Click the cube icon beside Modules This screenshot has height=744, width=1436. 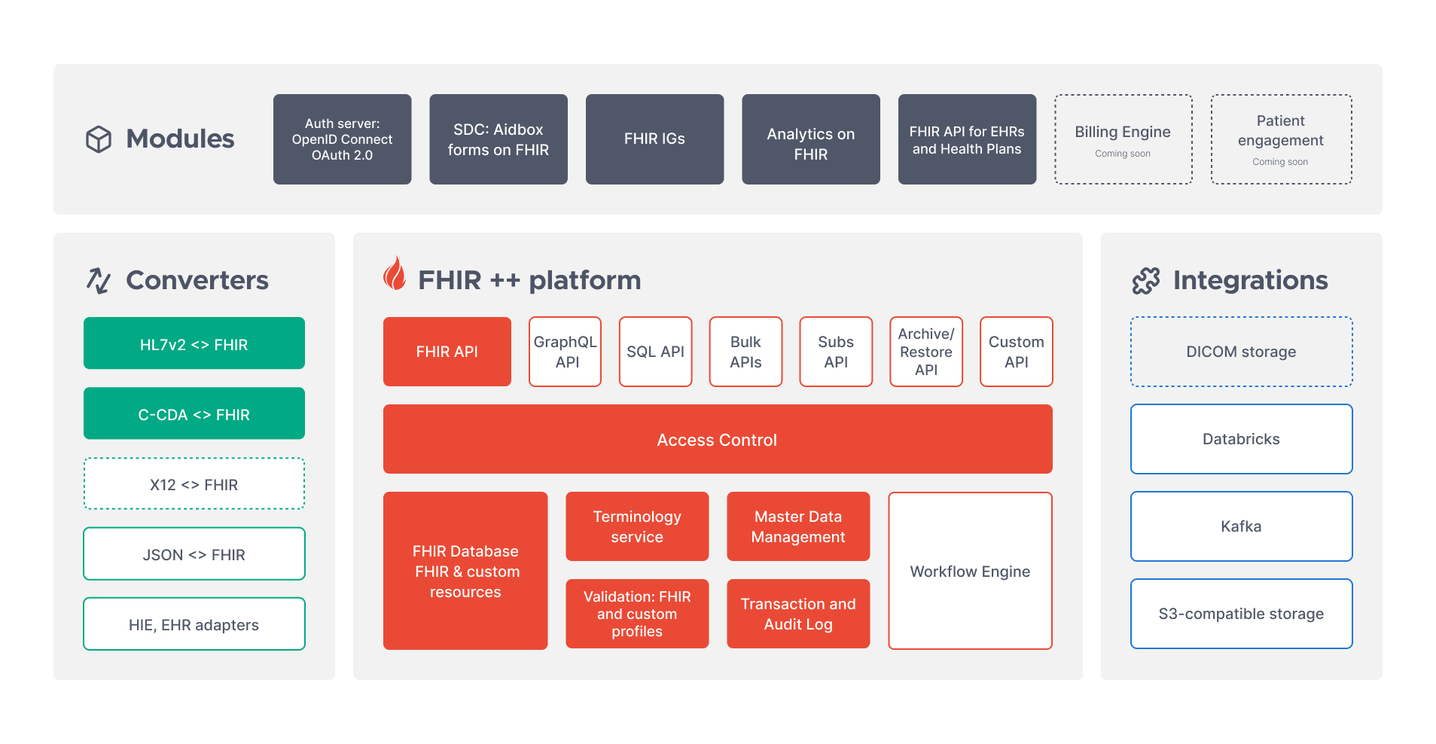(x=99, y=139)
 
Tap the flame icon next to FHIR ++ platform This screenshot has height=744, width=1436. (x=394, y=274)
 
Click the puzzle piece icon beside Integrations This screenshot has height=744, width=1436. (x=1145, y=281)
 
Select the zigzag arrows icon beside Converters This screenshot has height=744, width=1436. (x=99, y=280)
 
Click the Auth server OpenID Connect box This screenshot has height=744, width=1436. (x=342, y=139)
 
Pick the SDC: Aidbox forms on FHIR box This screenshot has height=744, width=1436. (x=498, y=139)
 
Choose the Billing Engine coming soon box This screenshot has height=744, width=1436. (x=1123, y=139)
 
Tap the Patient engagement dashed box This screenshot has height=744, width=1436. (x=1280, y=139)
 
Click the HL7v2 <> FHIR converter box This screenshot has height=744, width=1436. (x=194, y=343)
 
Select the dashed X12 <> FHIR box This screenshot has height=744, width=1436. (x=194, y=483)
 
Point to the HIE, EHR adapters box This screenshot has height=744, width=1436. (x=194, y=624)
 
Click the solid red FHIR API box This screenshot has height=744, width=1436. (x=447, y=352)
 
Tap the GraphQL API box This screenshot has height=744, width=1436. (x=565, y=352)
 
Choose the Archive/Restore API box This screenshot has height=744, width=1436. (x=925, y=352)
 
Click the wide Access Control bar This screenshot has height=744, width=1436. (x=717, y=439)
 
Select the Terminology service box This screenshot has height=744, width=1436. (x=637, y=526)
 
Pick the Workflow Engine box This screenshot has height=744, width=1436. (x=970, y=571)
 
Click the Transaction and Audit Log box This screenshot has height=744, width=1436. (x=797, y=614)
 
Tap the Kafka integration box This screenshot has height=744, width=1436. (x=1241, y=526)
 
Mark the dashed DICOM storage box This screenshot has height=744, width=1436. (x=1241, y=352)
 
